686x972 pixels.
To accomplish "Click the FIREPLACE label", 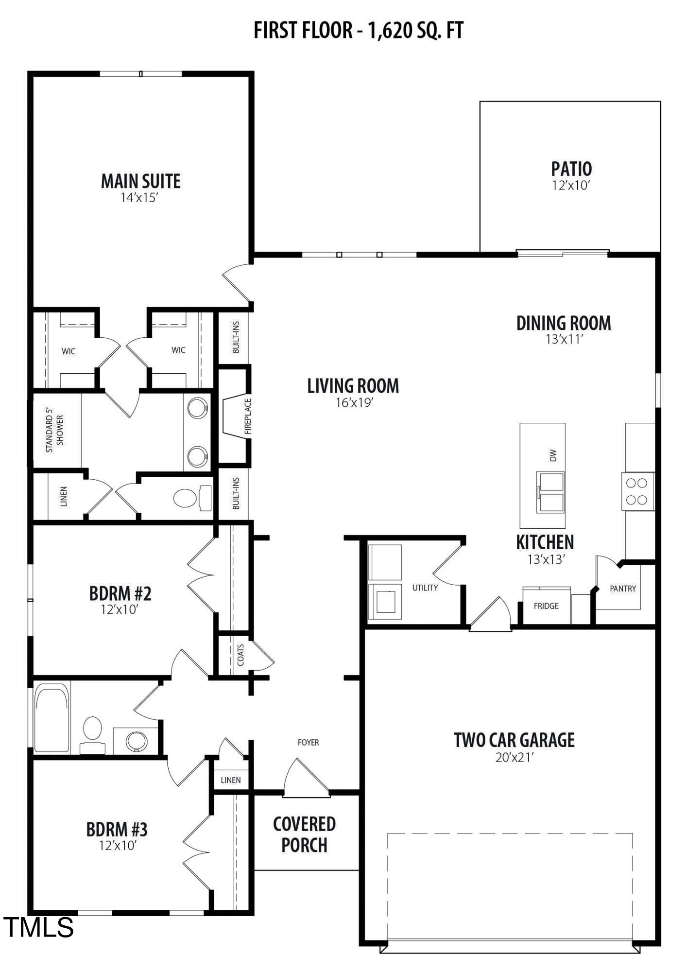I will [x=248, y=416].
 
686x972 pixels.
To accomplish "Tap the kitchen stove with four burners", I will [x=637, y=491].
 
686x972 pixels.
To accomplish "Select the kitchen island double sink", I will [x=550, y=492].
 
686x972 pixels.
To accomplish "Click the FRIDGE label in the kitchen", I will [x=546, y=606].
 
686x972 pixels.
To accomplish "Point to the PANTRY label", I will [x=622, y=589].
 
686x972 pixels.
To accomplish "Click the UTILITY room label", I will [x=425, y=588].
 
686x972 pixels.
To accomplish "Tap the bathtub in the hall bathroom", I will [x=51, y=718].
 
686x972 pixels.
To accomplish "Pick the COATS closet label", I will [x=240, y=655].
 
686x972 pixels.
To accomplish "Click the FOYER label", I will [x=308, y=742].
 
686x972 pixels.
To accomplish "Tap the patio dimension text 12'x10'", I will [x=571, y=185].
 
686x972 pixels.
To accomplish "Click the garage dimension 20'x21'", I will [x=514, y=757].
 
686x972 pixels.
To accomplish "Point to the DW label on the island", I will [x=552, y=455].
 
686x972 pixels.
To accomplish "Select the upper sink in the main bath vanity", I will [x=197, y=408].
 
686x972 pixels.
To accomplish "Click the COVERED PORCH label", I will [x=304, y=834].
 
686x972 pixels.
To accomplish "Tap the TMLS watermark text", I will [x=39, y=927].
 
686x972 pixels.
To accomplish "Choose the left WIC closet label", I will [x=69, y=351].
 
